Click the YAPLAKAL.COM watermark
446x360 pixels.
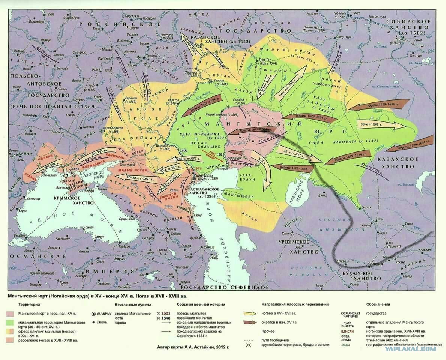tap(410, 348)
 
